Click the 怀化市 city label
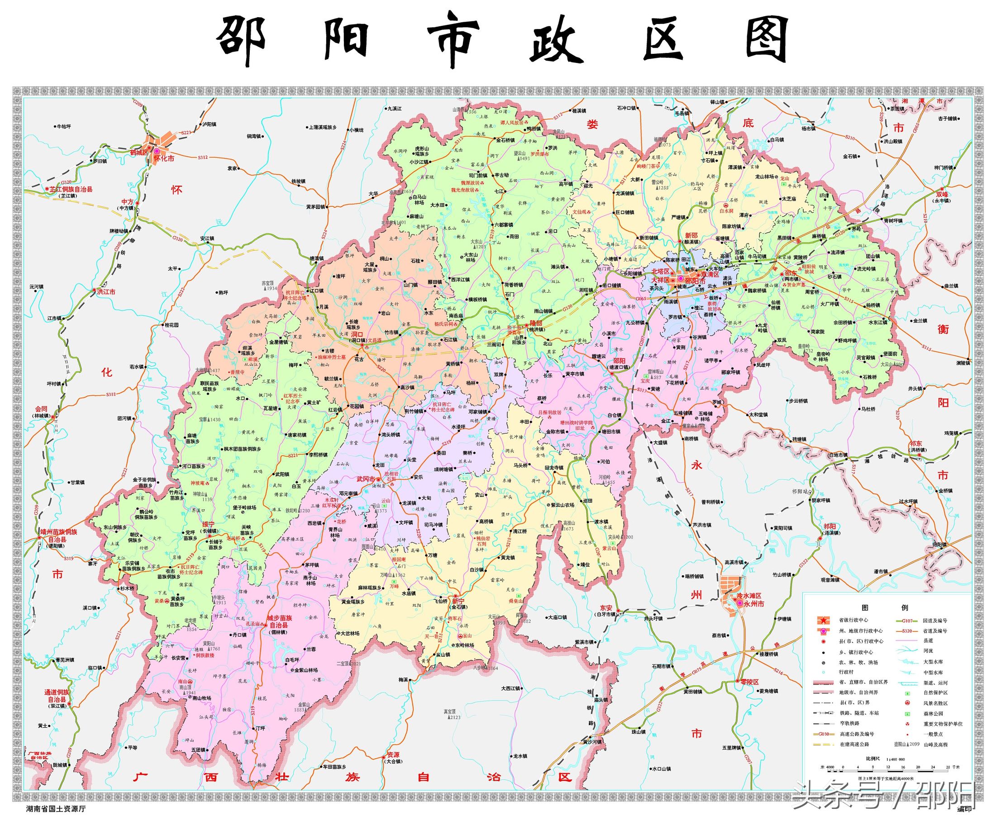[164, 158]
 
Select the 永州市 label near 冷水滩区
[753, 604]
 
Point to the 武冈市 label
[366, 479]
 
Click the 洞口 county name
[351, 334]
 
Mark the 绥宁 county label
[208, 524]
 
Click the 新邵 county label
[691, 235]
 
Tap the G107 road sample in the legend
[907, 621]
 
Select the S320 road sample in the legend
[907, 631]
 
